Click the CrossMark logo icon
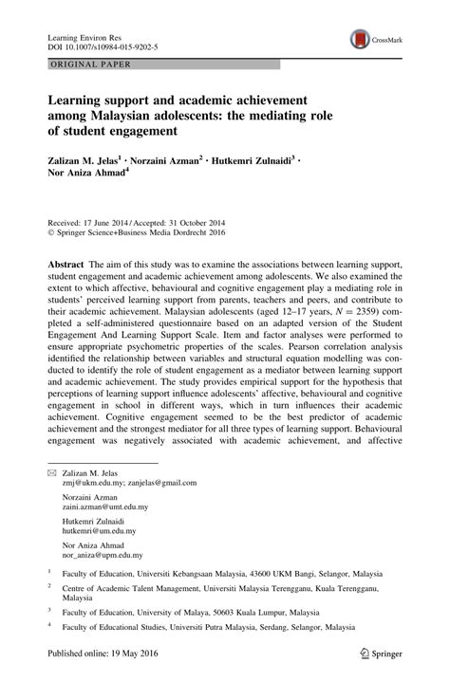coord(362,39)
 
